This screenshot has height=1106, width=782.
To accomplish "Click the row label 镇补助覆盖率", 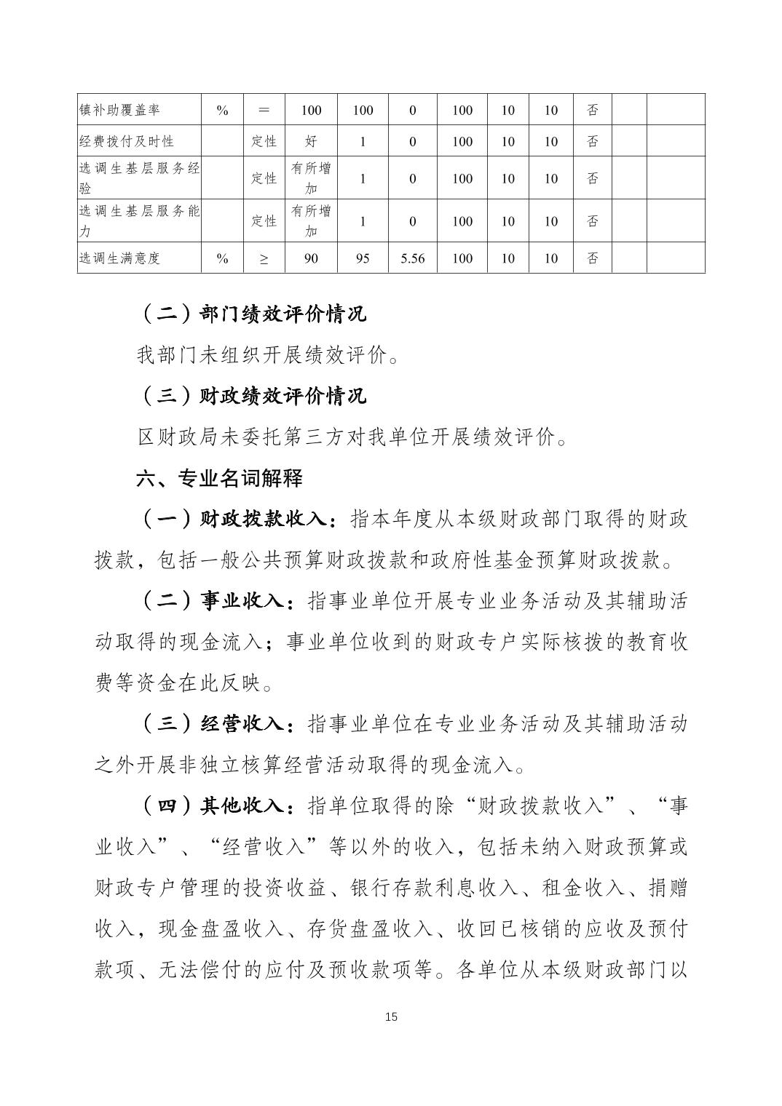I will pos(119,110).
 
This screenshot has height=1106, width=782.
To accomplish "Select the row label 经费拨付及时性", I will pos(127,141).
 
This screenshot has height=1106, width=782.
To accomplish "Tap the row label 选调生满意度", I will pos(119,258).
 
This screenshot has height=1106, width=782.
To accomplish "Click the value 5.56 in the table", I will pos(412,258).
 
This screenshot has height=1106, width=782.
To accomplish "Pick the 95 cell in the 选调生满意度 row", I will pos(363,258).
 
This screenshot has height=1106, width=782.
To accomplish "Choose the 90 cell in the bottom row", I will pos(311,258).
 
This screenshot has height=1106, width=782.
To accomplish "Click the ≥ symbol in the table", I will pos(264,258).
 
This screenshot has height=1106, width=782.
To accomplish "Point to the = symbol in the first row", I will pos(264,110).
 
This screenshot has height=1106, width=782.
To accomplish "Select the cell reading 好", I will pos(311,141).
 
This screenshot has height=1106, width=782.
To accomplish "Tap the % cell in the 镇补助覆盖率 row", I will pos(223,110).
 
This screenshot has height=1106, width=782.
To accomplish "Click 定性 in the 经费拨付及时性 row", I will pos(264,141).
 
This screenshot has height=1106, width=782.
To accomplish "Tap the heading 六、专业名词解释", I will pos(220,478).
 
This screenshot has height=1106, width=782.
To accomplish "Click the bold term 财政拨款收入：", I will pos(269,520).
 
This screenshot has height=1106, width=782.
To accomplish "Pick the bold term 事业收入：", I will pos(248,602).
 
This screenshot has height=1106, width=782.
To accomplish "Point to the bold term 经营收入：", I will pos(248,724).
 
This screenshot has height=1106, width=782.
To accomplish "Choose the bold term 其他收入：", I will pos(248,805).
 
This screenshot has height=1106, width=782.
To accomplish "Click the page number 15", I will pos(391,1017).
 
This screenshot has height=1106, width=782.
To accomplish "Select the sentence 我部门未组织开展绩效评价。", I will pos(268,355).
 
